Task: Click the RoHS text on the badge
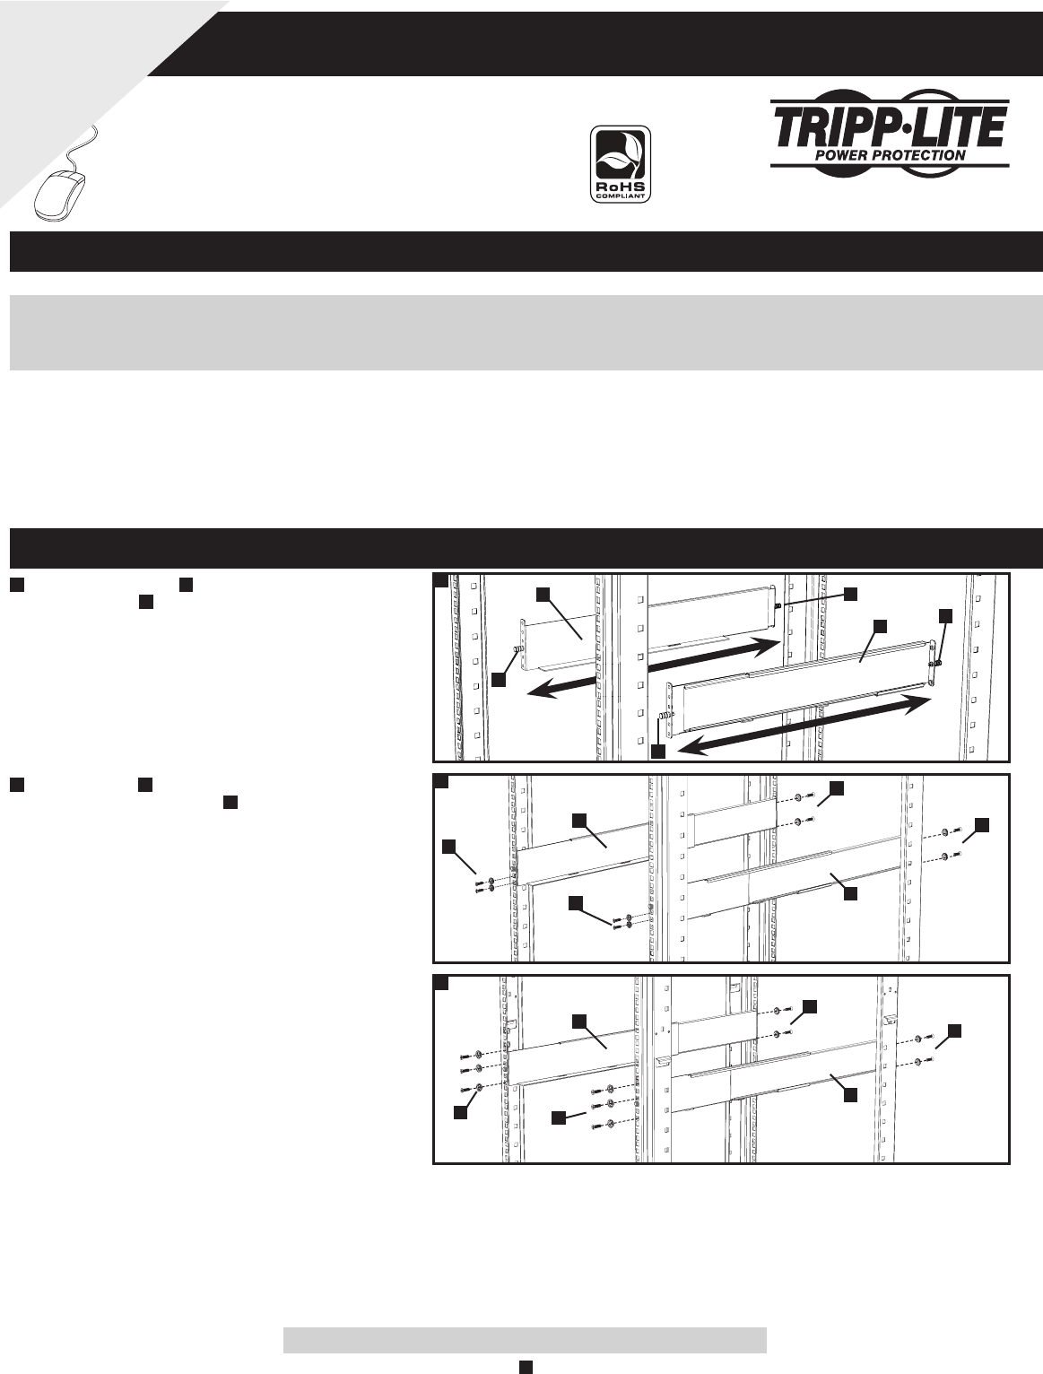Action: (x=621, y=187)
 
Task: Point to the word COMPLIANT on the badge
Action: (x=621, y=196)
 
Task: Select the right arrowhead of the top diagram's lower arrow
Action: (x=917, y=703)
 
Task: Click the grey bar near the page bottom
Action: (x=525, y=1340)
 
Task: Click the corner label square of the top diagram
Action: (x=441, y=580)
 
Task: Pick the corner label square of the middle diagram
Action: (x=441, y=781)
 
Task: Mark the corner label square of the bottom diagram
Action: (x=441, y=982)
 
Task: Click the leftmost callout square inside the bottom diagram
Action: (x=460, y=1111)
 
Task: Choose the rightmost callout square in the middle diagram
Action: (x=982, y=825)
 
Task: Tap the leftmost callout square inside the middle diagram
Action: (x=449, y=847)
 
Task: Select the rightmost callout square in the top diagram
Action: (x=945, y=616)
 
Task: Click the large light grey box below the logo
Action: (x=526, y=333)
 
